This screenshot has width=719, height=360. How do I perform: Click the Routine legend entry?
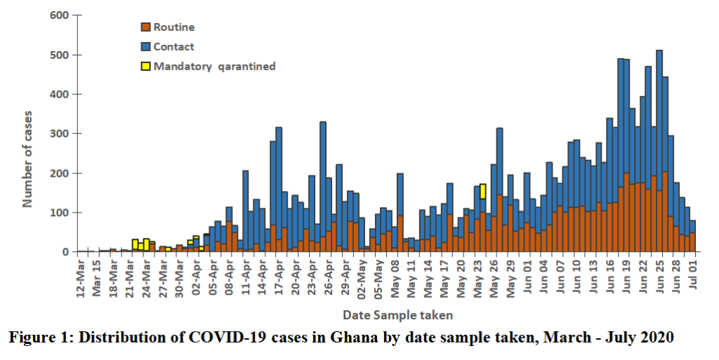coord(173,27)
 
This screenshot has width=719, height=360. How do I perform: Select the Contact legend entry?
coord(173,47)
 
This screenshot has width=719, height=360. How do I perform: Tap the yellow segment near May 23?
coord(483,191)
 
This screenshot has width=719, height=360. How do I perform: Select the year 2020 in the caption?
coord(656,338)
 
